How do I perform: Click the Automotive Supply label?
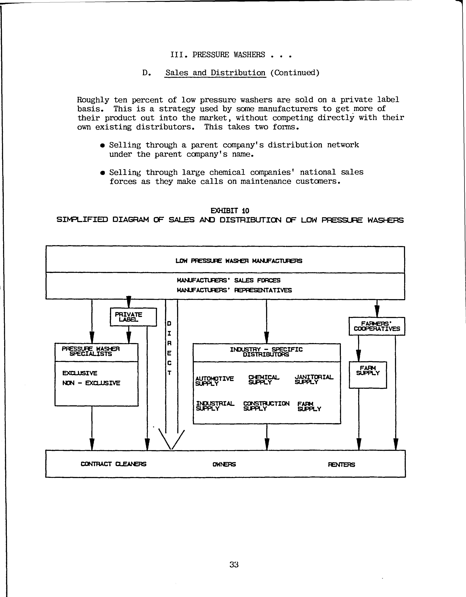coord(215,381)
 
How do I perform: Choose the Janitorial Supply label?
coord(314,379)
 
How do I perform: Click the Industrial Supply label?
coord(215,406)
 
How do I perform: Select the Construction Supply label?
coord(266,406)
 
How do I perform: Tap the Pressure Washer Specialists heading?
coord(91,351)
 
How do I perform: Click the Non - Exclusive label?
coord(91,383)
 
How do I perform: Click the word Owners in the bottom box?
coord(224,464)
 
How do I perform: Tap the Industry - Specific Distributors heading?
coord(266,352)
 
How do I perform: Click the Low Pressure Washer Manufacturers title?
coord(239,261)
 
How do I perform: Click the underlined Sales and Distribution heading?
coord(215,73)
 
